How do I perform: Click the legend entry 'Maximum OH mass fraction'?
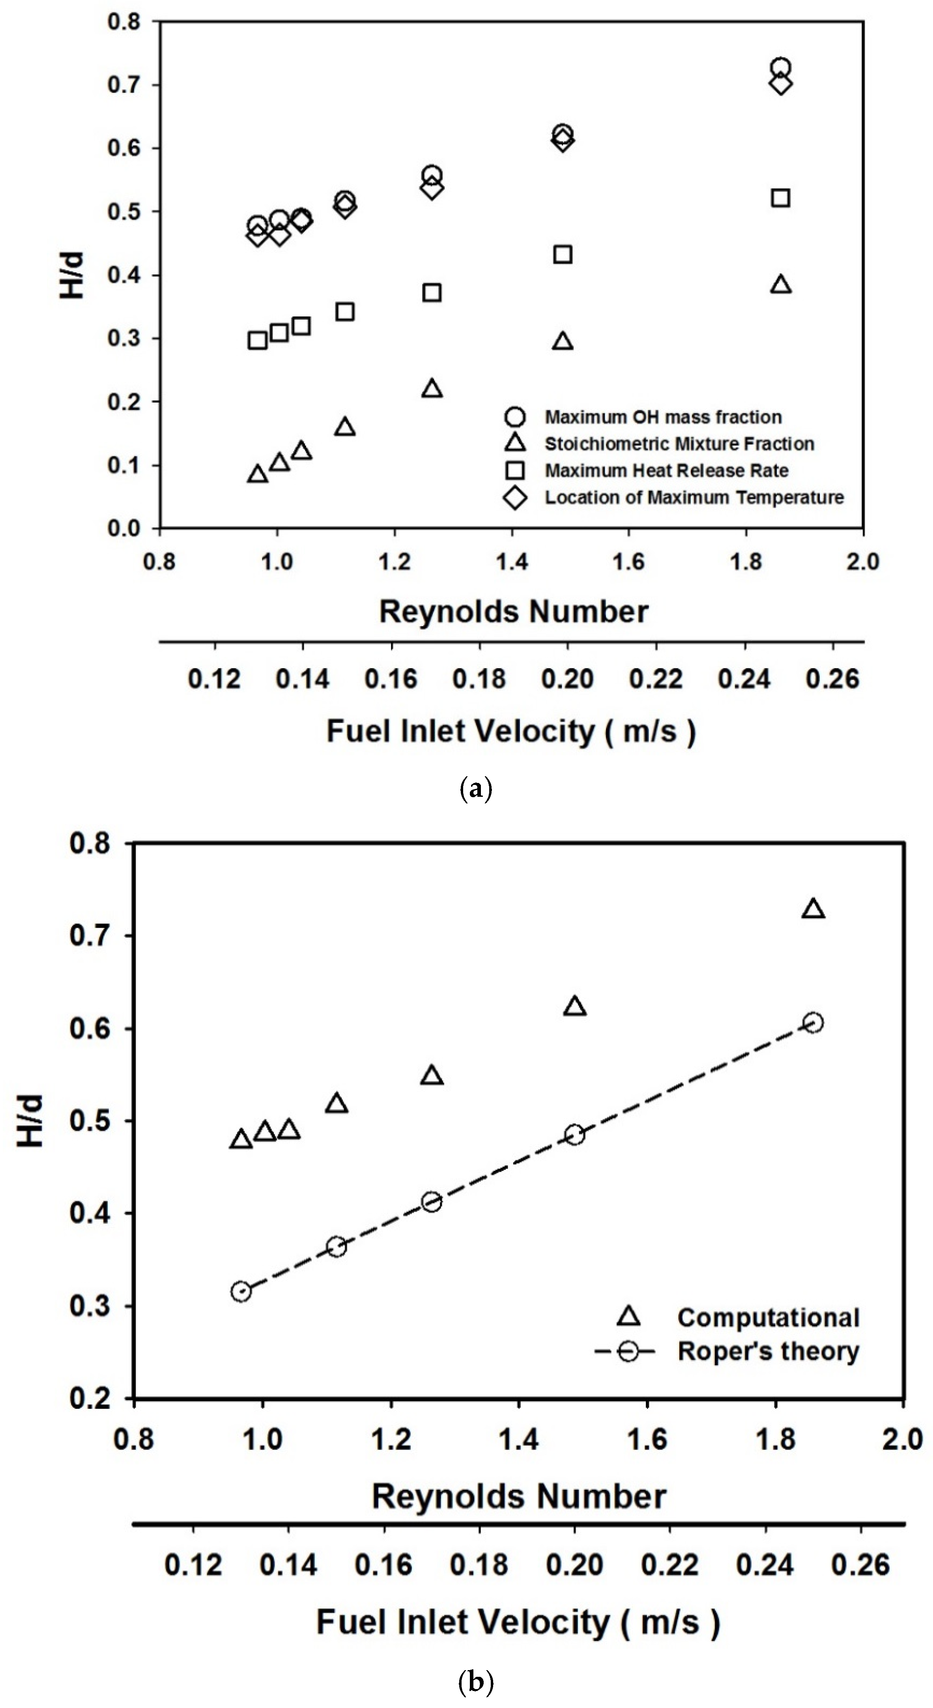(x=663, y=417)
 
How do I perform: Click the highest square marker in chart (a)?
(x=781, y=198)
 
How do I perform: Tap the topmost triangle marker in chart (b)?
(x=813, y=909)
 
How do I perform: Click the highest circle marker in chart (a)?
(x=781, y=67)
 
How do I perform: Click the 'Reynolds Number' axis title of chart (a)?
(x=514, y=611)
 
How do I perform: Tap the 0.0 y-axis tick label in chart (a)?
(x=125, y=528)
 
